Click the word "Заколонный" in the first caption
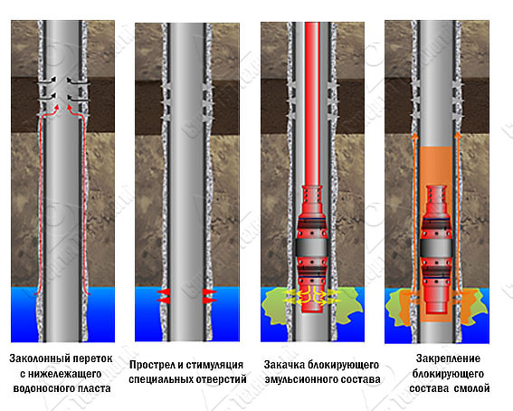pos(38,359)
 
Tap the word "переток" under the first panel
pos(92,359)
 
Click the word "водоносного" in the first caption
pos(42,388)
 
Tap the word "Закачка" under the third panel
pos(282,365)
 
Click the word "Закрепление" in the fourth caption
pos(448,359)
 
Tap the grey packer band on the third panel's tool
pos(311,248)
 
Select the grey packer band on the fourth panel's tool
pos(436,248)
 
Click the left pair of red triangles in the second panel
pos(163,296)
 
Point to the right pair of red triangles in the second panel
pos(209,296)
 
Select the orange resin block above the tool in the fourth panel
pos(436,167)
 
